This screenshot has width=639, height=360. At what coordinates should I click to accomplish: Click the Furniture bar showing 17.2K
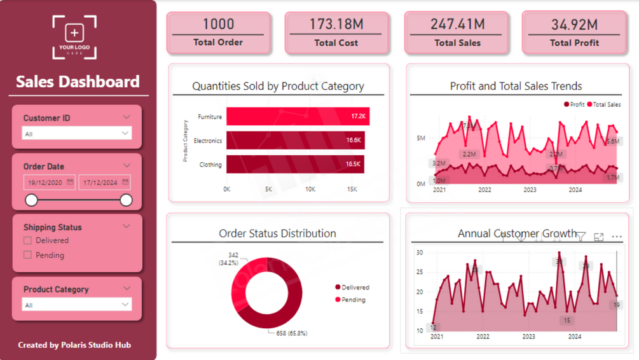298,116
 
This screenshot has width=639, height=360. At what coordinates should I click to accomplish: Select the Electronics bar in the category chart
296,141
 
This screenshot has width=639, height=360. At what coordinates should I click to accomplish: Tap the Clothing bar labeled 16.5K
295,164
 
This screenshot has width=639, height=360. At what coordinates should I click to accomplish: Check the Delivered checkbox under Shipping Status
27,240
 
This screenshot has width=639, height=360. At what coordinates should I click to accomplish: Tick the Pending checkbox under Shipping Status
27,255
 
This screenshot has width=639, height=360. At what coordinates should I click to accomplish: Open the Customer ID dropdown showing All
77,134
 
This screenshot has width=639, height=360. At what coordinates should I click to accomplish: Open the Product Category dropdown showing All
77,305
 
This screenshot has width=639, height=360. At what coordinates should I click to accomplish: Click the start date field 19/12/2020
50,183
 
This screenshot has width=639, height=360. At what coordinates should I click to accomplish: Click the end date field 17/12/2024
104,183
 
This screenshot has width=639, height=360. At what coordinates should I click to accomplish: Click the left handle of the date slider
31,200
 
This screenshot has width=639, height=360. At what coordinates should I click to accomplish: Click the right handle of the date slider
126,200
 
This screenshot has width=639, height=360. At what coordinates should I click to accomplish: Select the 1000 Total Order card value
218,24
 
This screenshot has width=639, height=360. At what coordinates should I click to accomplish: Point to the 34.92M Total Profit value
574,24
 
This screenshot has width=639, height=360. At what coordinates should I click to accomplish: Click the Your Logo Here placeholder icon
75,36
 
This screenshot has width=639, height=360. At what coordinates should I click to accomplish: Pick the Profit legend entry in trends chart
574,104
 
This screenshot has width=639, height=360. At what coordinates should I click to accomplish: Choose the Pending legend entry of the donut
353,300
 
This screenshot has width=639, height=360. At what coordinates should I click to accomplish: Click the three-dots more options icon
616,237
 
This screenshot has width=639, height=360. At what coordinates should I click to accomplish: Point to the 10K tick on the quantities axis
310,190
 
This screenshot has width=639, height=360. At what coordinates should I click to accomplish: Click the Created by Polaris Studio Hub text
74,345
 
